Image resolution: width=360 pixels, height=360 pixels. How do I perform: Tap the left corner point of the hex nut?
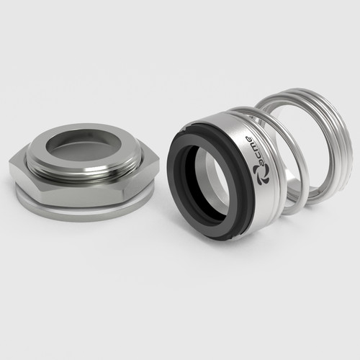pos(9,164)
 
